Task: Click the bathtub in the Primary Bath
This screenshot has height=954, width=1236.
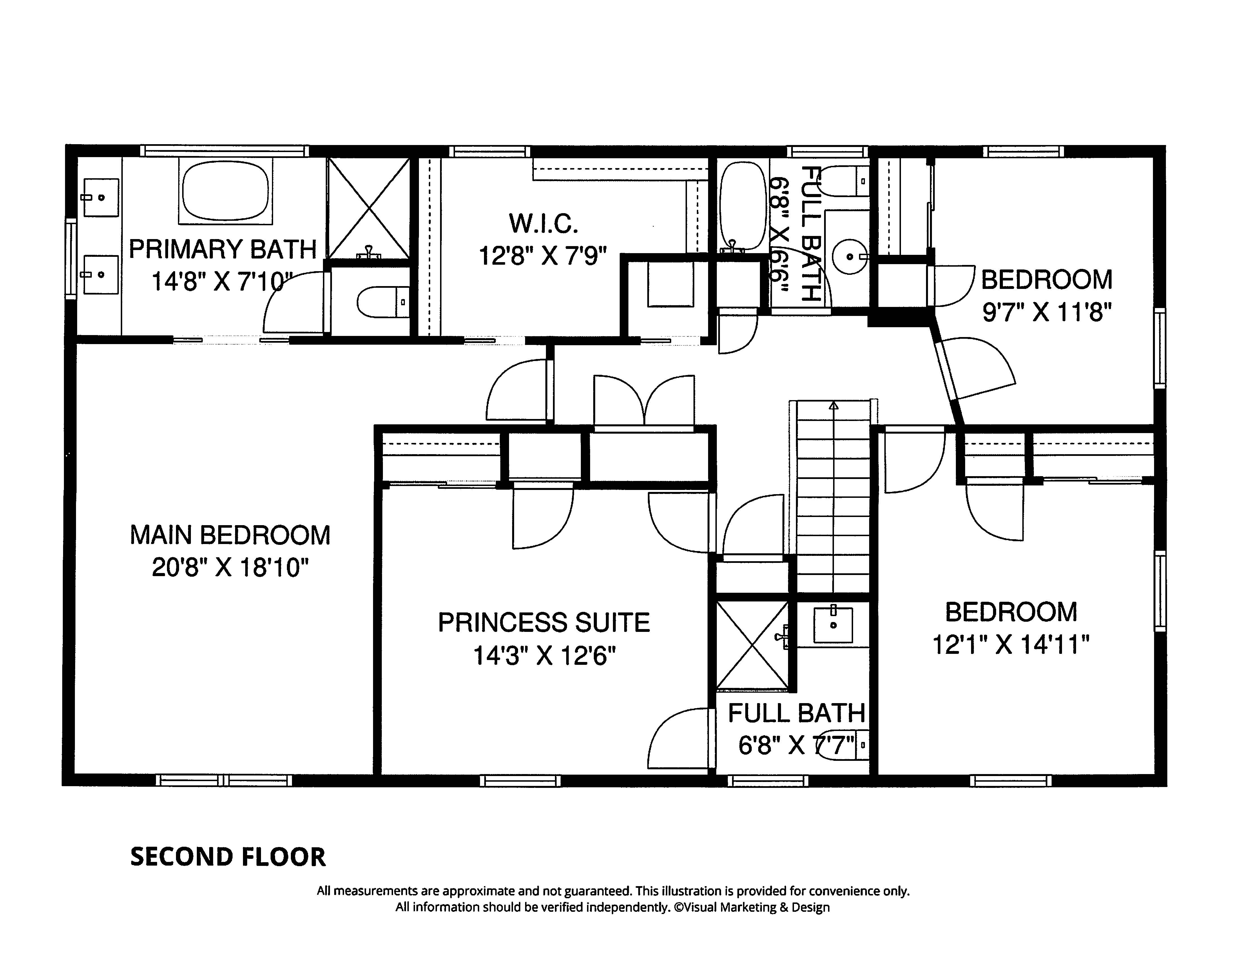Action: click(225, 191)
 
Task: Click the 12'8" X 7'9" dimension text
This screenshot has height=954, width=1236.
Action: click(543, 256)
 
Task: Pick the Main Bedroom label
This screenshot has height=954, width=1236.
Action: click(230, 535)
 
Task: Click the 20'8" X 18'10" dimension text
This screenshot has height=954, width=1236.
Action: click(230, 568)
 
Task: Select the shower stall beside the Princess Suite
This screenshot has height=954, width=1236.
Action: click(752, 645)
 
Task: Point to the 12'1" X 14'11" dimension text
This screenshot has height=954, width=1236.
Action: click(1011, 645)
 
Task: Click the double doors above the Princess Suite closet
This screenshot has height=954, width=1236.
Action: click(643, 402)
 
